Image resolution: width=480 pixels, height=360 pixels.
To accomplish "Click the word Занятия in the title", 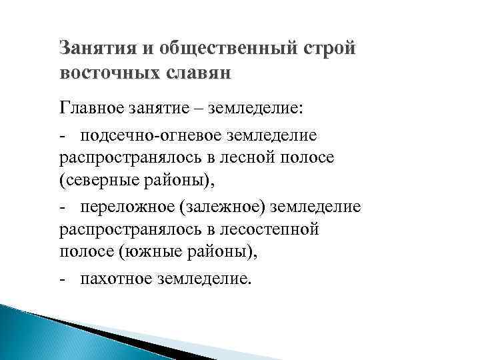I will tap(91, 49).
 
